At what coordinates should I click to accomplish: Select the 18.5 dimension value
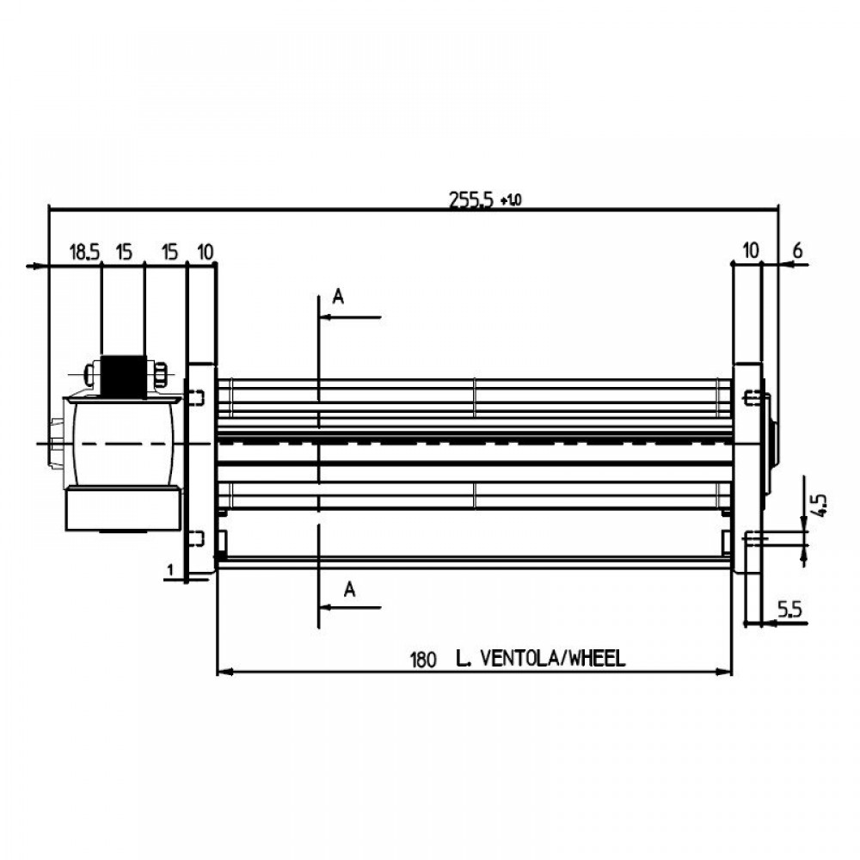[85, 252]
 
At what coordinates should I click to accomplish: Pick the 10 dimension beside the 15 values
[205, 252]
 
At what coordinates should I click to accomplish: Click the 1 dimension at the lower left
[171, 568]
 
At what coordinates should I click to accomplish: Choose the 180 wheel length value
[422, 660]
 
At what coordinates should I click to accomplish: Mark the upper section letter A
[338, 297]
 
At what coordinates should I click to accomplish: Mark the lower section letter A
[349, 589]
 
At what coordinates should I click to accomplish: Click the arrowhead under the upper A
[326, 317]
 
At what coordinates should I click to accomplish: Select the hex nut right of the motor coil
[159, 374]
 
